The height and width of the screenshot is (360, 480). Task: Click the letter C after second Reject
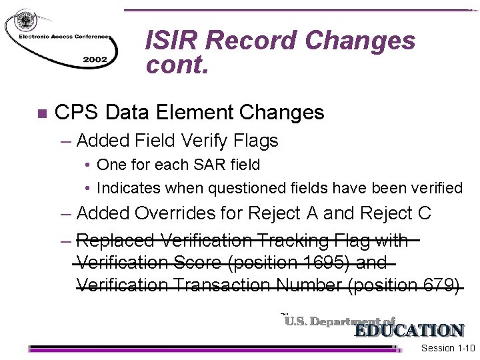(x=423, y=213)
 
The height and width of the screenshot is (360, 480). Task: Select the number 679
(x=438, y=285)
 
